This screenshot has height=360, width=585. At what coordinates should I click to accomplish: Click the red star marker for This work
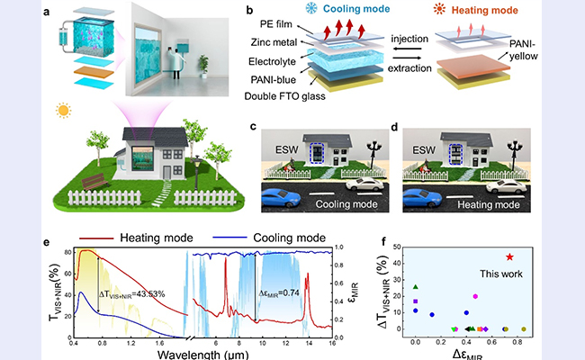pyautogui.click(x=510, y=256)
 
